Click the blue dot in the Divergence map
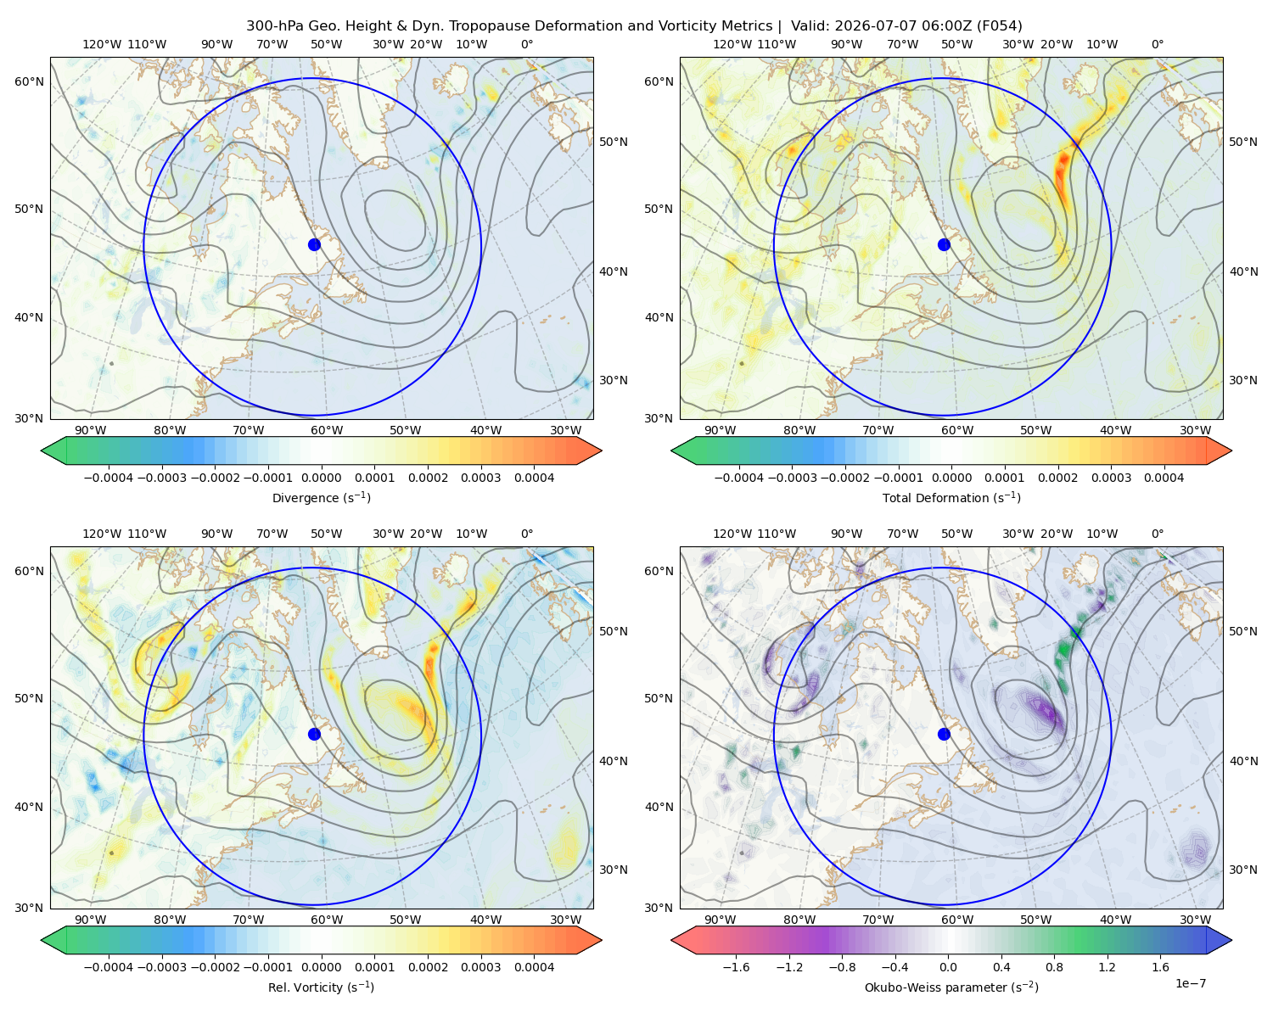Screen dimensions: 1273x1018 pyautogui.click(x=314, y=244)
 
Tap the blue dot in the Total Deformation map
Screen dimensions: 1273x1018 pyautogui.click(x=944, y=244)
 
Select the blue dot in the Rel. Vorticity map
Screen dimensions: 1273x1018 pyautogui.click(x=314, y=734)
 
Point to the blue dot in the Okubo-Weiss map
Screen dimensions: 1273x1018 pyautogui.click(x=944, y=734)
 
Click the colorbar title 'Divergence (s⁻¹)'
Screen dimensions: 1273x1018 pyautogui.click(x=321, y=497)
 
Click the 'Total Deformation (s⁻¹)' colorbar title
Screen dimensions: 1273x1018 pyautogui.click(x=951, y=497)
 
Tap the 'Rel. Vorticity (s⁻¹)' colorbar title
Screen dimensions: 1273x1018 pyautogui.click(x=321, y=987)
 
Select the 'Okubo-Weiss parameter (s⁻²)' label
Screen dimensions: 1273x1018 pyautogui.click(x=951, y=987)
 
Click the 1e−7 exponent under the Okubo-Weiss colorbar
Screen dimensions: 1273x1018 pyautogui.click(x=1190, y=983)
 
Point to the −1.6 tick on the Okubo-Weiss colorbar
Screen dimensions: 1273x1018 pyautogui.click(x=736, y=966)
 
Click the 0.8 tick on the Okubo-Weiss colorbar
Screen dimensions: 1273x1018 pyautogui.click(x=1054, y=966)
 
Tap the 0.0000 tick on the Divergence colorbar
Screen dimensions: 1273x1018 pyautogui.click(x=321, y=478)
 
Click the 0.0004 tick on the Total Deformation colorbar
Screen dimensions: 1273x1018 pyautogui.click(x=1164, y=478)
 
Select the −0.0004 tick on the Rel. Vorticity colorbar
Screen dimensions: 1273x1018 pyautogui.click(x=109, y=966)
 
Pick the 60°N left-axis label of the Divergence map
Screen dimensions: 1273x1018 pyautogui.click(x=29, y=81)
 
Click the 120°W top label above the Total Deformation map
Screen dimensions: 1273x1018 pyautogui.click(x=732, y=44)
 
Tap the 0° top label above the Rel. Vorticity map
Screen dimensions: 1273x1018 pyautogui.click(x=527, y=534)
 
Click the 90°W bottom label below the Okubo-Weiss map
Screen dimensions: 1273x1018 pyautogui.click(x=720, y=920)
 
